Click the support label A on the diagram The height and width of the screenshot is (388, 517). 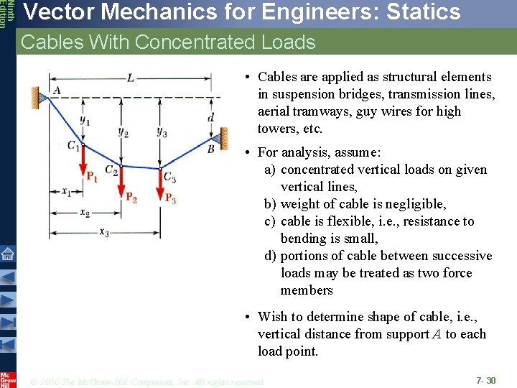[x=57, y=90]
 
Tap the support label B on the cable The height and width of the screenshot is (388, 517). [x=211, y=149]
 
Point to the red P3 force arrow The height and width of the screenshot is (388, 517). [x=159, y=184]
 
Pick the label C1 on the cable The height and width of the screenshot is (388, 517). [x=74, y=146]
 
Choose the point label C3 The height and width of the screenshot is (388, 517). [x=169, y=176]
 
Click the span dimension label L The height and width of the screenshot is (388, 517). [x=130, y=78]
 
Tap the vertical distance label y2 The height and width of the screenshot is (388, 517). [x=124, y=132]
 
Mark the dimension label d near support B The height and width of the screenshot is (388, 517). [x=210, y=116]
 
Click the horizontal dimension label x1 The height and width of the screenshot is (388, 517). [x=66, y=192]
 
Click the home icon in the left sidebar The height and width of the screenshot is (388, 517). [x=7, y=253]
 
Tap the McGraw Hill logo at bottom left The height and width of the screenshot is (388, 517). [x=7, y=379]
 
